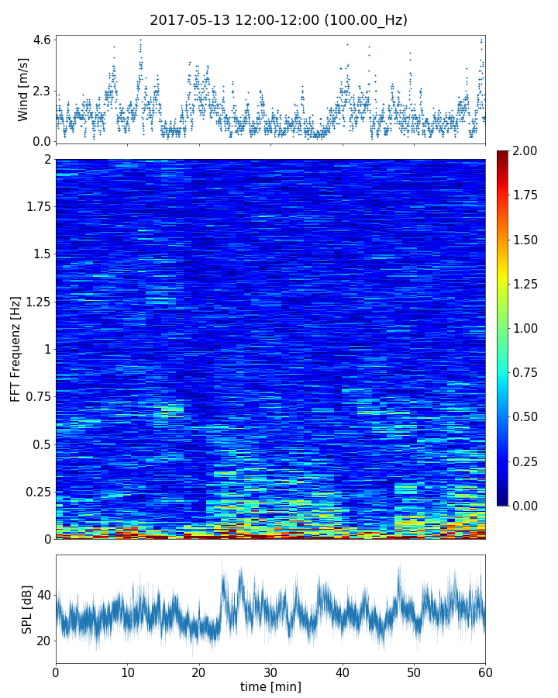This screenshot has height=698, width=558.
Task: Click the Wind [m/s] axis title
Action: tap(23, 89)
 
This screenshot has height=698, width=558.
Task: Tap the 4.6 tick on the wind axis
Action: tap(42, 40)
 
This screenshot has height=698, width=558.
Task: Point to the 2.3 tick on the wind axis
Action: tap(42, 91)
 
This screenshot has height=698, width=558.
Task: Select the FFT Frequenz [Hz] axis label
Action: tap(15, 348)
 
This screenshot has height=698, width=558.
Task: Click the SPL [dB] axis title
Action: tap(27, 608)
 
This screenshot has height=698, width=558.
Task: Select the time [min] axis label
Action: tap(270, 686)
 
